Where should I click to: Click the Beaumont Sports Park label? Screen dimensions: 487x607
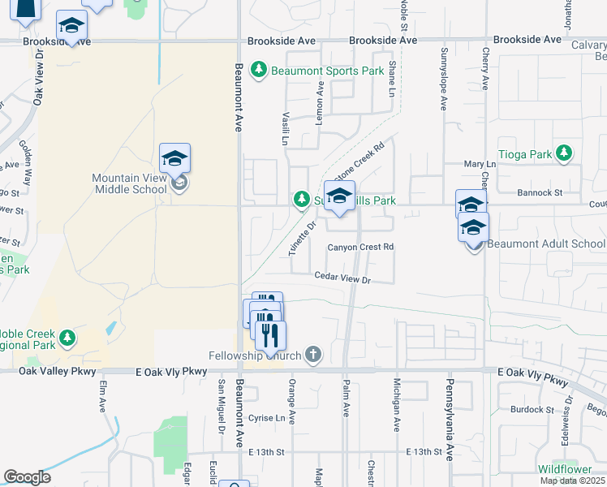click(x=328, y=71)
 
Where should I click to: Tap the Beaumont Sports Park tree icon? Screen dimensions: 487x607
click(x=259, y=71)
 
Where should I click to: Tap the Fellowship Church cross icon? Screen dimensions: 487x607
click(x=313, y=355)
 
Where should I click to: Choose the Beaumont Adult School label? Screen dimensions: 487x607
click(x=545, y=243)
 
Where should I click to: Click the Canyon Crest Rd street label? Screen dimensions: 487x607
click(x=360, y=247)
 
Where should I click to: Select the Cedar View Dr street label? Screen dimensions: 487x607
click(x=342, y=279)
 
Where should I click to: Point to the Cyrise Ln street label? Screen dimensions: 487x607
click(x=269, y=418)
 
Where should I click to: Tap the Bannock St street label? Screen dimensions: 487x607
click(x=540, y=192)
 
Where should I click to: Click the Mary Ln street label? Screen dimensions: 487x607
click(x=480, y=164)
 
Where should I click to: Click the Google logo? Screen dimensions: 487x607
click(x=28, y=477)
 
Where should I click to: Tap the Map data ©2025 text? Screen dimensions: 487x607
click(x=572, y=481)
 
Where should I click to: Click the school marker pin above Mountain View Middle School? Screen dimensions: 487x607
click(x=174, y=157)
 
